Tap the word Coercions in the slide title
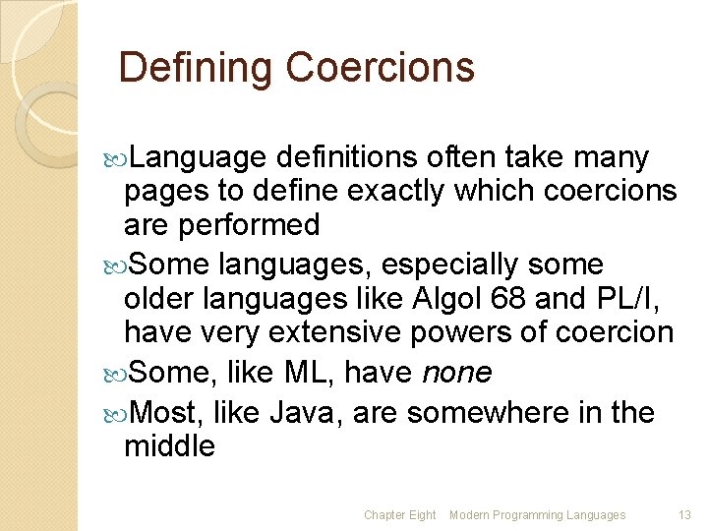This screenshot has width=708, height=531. coord(381,68)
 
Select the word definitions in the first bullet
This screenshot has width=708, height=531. coord(350,157)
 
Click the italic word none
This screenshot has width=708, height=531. coord(456,373)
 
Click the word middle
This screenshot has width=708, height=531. coord(169,446)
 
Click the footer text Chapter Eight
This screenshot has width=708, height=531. coord(399,515)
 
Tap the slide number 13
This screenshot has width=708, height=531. coord(684,515)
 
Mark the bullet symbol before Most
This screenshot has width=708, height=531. coord(115,413)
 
